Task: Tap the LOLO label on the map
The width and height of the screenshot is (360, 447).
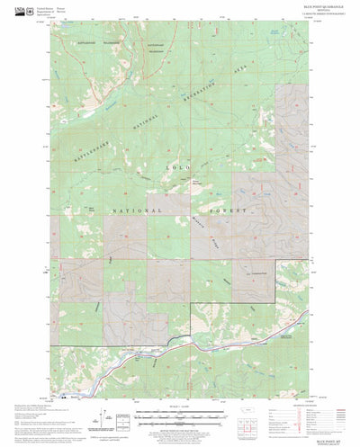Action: (177, 167)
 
